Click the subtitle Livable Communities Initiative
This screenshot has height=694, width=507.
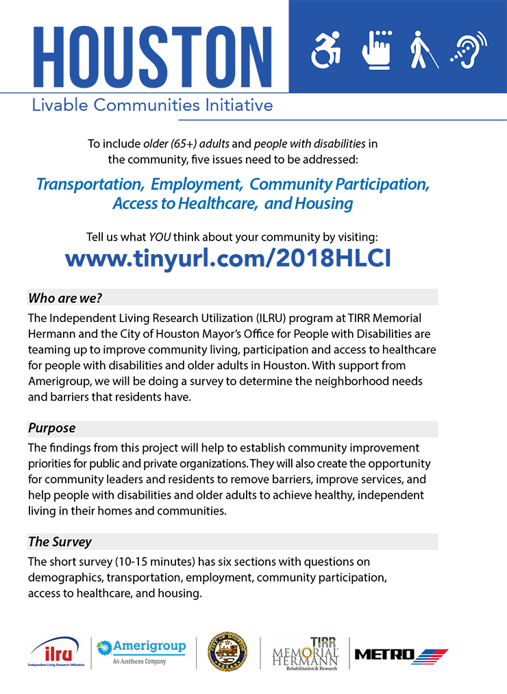151,106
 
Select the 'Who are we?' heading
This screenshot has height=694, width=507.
65,298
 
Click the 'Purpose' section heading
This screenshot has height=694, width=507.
51,428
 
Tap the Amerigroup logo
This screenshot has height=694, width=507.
141,652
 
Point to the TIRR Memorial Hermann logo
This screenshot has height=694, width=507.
306,652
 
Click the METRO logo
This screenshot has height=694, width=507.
401,655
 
